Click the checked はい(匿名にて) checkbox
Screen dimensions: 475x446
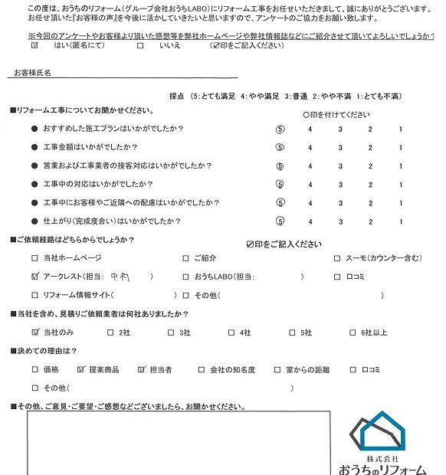tap(34, 46)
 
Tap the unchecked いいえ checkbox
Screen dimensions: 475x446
tap(140, 46)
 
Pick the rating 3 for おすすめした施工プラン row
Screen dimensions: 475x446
tap(339, 129)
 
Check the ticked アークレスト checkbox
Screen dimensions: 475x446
tap(35, 277)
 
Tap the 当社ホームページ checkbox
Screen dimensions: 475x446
tap(35, 258)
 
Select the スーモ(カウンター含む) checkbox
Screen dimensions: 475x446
tap(338, 258)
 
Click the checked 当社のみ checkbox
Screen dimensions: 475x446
tap(35, 332)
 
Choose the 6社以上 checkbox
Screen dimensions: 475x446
tap(338, 332)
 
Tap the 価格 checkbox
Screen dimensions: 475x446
tap(35, 369)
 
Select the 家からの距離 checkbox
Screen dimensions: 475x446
tap(277, 369)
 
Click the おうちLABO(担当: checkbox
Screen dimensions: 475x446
tap(186, 277)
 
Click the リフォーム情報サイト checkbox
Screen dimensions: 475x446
tap(35, 295)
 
